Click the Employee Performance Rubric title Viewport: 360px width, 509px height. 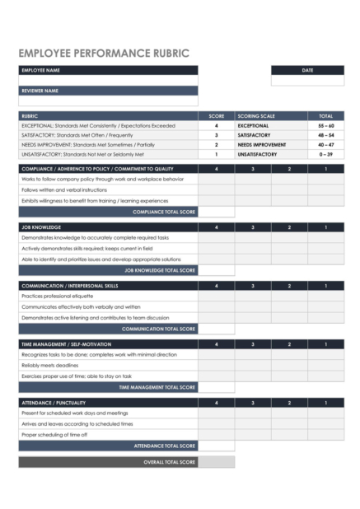104,54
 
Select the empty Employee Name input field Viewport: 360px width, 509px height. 108,80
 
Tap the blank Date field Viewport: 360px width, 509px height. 307,81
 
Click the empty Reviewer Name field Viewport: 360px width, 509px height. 108,100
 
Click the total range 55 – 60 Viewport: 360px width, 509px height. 325,125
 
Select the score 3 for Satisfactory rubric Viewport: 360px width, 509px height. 217,135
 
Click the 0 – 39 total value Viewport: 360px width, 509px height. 325,154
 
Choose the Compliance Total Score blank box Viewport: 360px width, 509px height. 217,212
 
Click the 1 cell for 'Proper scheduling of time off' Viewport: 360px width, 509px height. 325,434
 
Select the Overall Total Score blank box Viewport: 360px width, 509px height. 217,462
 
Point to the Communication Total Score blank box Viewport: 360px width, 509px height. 217,329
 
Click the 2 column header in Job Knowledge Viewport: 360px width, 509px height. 289,226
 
